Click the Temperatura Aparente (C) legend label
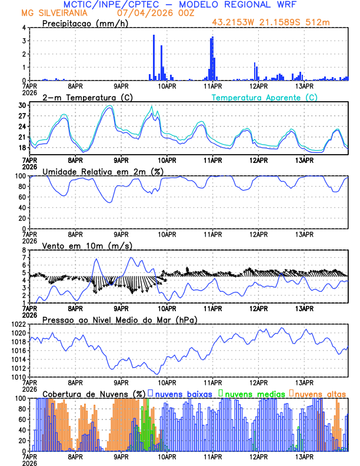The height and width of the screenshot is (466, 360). [265, 97]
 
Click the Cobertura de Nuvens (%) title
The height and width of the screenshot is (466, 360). [94, 393]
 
